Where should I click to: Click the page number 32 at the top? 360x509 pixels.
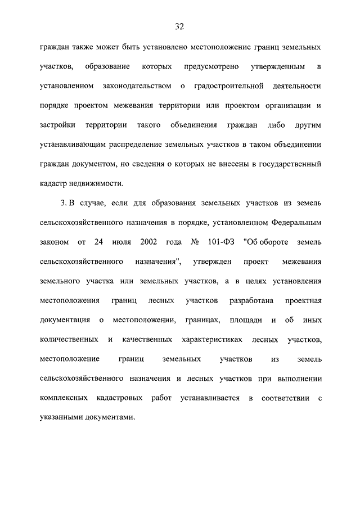coord(180,26)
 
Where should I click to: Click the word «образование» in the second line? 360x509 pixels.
coord(107,67)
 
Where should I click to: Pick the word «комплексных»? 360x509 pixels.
coord(64,398)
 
